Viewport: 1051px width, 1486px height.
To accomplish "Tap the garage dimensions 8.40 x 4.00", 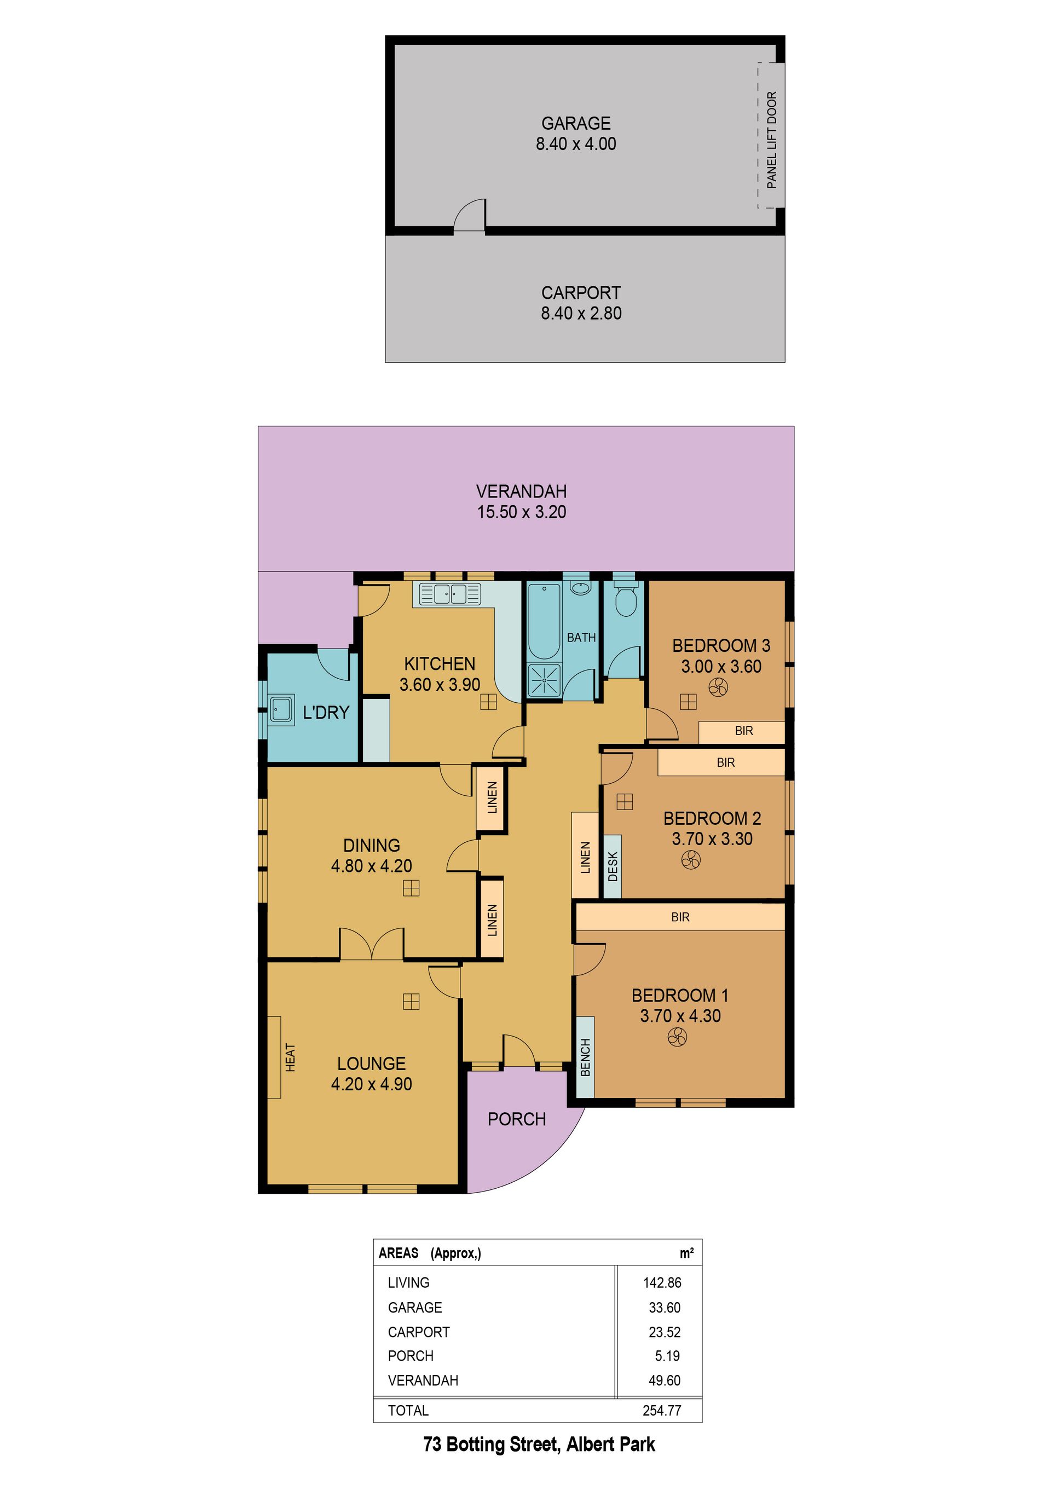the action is [x=576, y=144].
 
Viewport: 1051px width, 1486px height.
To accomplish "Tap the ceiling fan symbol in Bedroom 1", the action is [x=677, y=1038].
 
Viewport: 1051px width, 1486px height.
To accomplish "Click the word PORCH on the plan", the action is [x=516, y=1119].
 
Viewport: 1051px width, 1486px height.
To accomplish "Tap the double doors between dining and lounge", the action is [x=372, y=944].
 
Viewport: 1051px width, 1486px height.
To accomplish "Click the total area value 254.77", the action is [x=661, y=1410].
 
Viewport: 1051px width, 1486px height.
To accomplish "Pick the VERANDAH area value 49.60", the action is [x=665, y=1380].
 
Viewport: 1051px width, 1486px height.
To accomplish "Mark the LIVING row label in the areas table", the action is [x=408, y=1282].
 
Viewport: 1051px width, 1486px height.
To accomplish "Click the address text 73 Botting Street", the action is [x=492, y=1444].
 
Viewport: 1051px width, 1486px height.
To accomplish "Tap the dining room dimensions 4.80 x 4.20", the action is [x=372, y=865].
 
